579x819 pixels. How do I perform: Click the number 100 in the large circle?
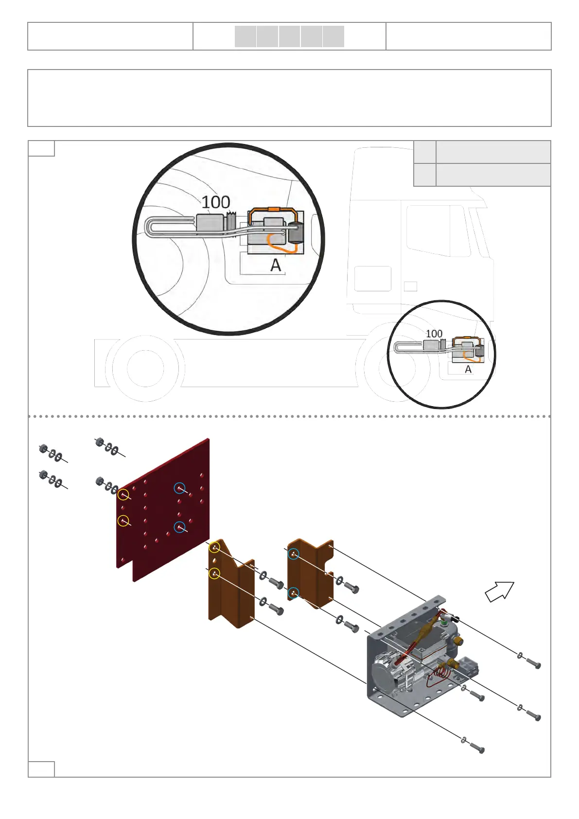point(216,202)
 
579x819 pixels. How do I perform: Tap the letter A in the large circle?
point(276,265)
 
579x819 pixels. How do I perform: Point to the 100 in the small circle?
point(434,334)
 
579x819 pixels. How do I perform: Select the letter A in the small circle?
point(468,369)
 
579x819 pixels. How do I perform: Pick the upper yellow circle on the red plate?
point(124,495)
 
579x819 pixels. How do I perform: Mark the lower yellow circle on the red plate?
point(124,521)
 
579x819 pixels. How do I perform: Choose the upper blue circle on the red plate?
point(180,488)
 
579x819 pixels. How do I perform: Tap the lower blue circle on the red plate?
point(180,527)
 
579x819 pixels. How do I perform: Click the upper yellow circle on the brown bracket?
point(214,548)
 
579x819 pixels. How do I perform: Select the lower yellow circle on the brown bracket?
point(214,573)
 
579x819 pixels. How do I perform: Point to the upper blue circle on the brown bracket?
point(293,554)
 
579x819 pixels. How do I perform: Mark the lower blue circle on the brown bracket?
point(293,592)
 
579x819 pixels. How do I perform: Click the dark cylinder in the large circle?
point(295,233)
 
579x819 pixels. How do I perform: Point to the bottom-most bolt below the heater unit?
point(477,748)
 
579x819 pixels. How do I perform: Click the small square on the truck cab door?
point(410,286)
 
